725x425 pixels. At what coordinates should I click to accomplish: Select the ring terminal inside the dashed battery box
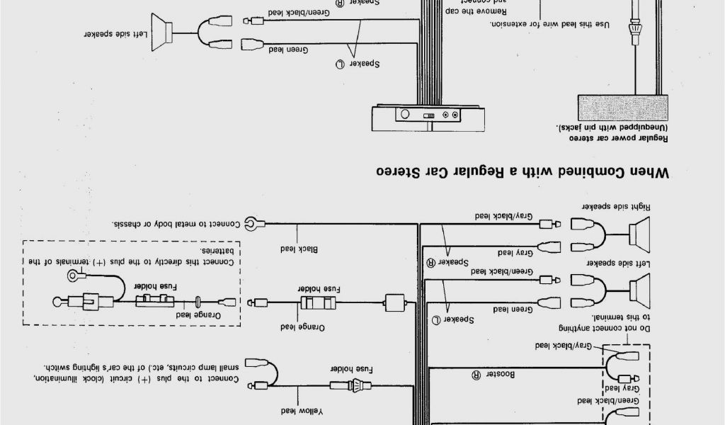click(x=72, y=275)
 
